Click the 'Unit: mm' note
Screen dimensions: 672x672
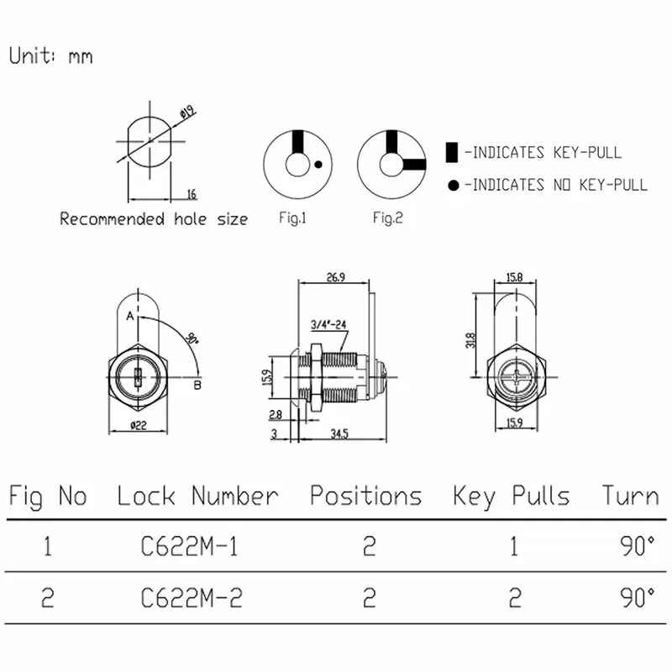50,56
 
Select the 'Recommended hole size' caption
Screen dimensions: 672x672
154,219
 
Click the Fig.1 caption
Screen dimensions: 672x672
293,218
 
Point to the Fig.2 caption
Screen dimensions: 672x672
388,218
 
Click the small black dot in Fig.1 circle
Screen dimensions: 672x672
318,165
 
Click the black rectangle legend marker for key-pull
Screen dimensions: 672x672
452,153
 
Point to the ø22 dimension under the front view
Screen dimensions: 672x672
139,426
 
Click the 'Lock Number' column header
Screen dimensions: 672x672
197,496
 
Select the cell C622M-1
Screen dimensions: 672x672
189,548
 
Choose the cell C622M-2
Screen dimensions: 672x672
189,598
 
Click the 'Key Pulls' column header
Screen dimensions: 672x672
511,496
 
